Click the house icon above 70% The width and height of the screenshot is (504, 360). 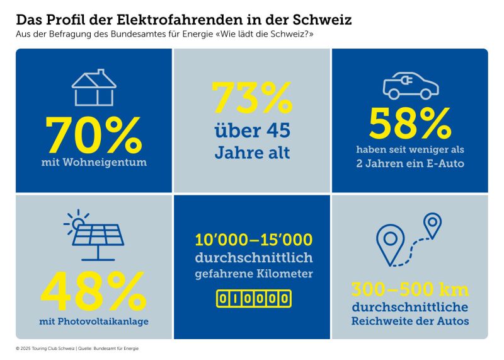pos(93,88)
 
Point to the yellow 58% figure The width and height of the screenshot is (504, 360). pos(410,124)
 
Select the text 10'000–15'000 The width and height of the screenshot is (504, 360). pos(252,240)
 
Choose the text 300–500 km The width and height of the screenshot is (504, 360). pos(409,291)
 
